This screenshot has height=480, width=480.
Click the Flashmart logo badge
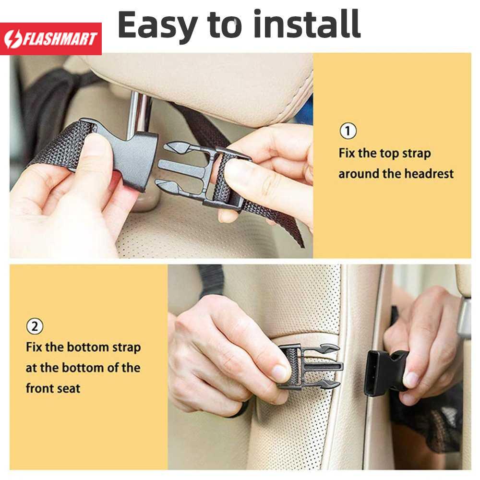pos(51,38)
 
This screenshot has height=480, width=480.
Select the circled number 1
pos(348,131)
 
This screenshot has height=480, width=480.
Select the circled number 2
pos(35,326)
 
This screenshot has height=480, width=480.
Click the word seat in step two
pos(66,388)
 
